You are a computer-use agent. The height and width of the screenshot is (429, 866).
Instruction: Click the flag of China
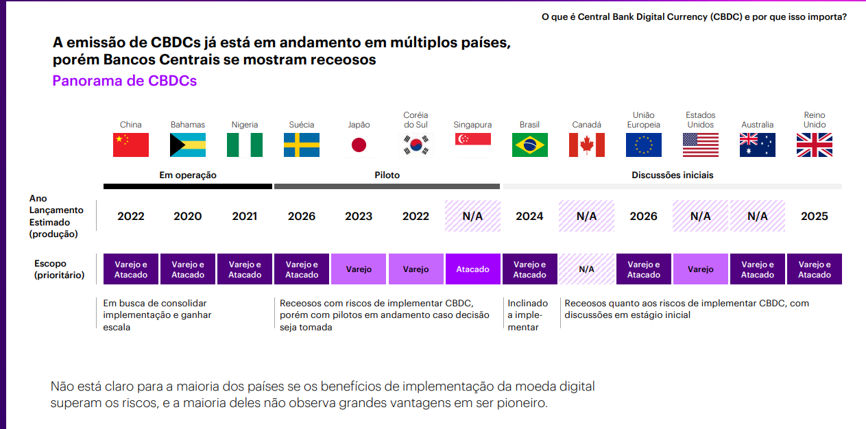[x=130, y=145]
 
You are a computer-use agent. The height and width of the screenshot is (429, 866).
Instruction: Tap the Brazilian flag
[x=529, y=145]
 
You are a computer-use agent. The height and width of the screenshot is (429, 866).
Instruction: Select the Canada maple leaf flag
[x=586, y=145]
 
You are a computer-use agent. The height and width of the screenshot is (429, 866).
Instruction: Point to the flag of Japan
[x=359, y=145]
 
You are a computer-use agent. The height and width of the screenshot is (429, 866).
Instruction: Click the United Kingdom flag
[x=814, y=145]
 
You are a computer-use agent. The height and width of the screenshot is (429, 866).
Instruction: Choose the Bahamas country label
[x=187, y=125]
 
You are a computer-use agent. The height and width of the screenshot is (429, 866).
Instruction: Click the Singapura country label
[x=472, y=125]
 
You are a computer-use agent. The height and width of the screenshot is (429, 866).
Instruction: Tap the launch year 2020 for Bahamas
[x=187, y=216]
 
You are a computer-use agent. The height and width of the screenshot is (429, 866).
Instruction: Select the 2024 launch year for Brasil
[x=529, y=216]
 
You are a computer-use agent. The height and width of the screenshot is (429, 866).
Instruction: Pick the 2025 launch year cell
[x=814, y=216]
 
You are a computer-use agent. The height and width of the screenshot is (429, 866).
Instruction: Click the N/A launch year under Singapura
[x=472, y=216]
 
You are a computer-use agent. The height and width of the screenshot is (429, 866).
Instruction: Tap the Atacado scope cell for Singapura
[x=472, y=269]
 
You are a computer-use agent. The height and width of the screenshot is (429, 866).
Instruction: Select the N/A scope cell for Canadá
[x=586, y=269]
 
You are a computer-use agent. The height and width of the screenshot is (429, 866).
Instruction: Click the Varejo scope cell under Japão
[x=359, y=269]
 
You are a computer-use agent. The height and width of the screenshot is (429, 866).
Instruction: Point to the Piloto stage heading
[x=387, y=175]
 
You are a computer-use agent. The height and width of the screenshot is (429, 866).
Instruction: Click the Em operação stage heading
[x=187, y=175]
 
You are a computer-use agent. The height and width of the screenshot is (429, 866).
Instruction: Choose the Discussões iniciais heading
[x=672, y=175]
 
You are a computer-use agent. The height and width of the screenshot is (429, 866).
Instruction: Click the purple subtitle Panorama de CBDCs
[x=124, y=81]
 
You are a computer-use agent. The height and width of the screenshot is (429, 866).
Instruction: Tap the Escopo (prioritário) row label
[x=60, y=269]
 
